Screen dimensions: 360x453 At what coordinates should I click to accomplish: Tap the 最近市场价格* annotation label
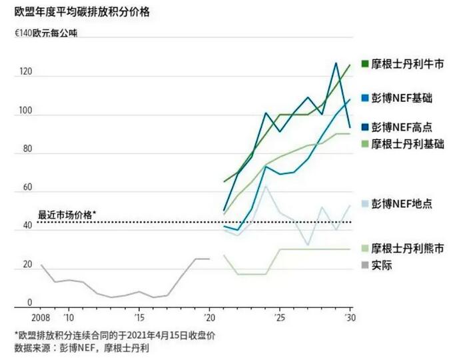pyautogui.click(x=67, y=215)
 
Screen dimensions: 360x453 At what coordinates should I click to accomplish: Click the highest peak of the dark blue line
pyautogui.click(x=336, y=63)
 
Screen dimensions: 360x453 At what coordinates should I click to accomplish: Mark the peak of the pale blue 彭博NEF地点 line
pyautogui.click(x=266, y=186)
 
